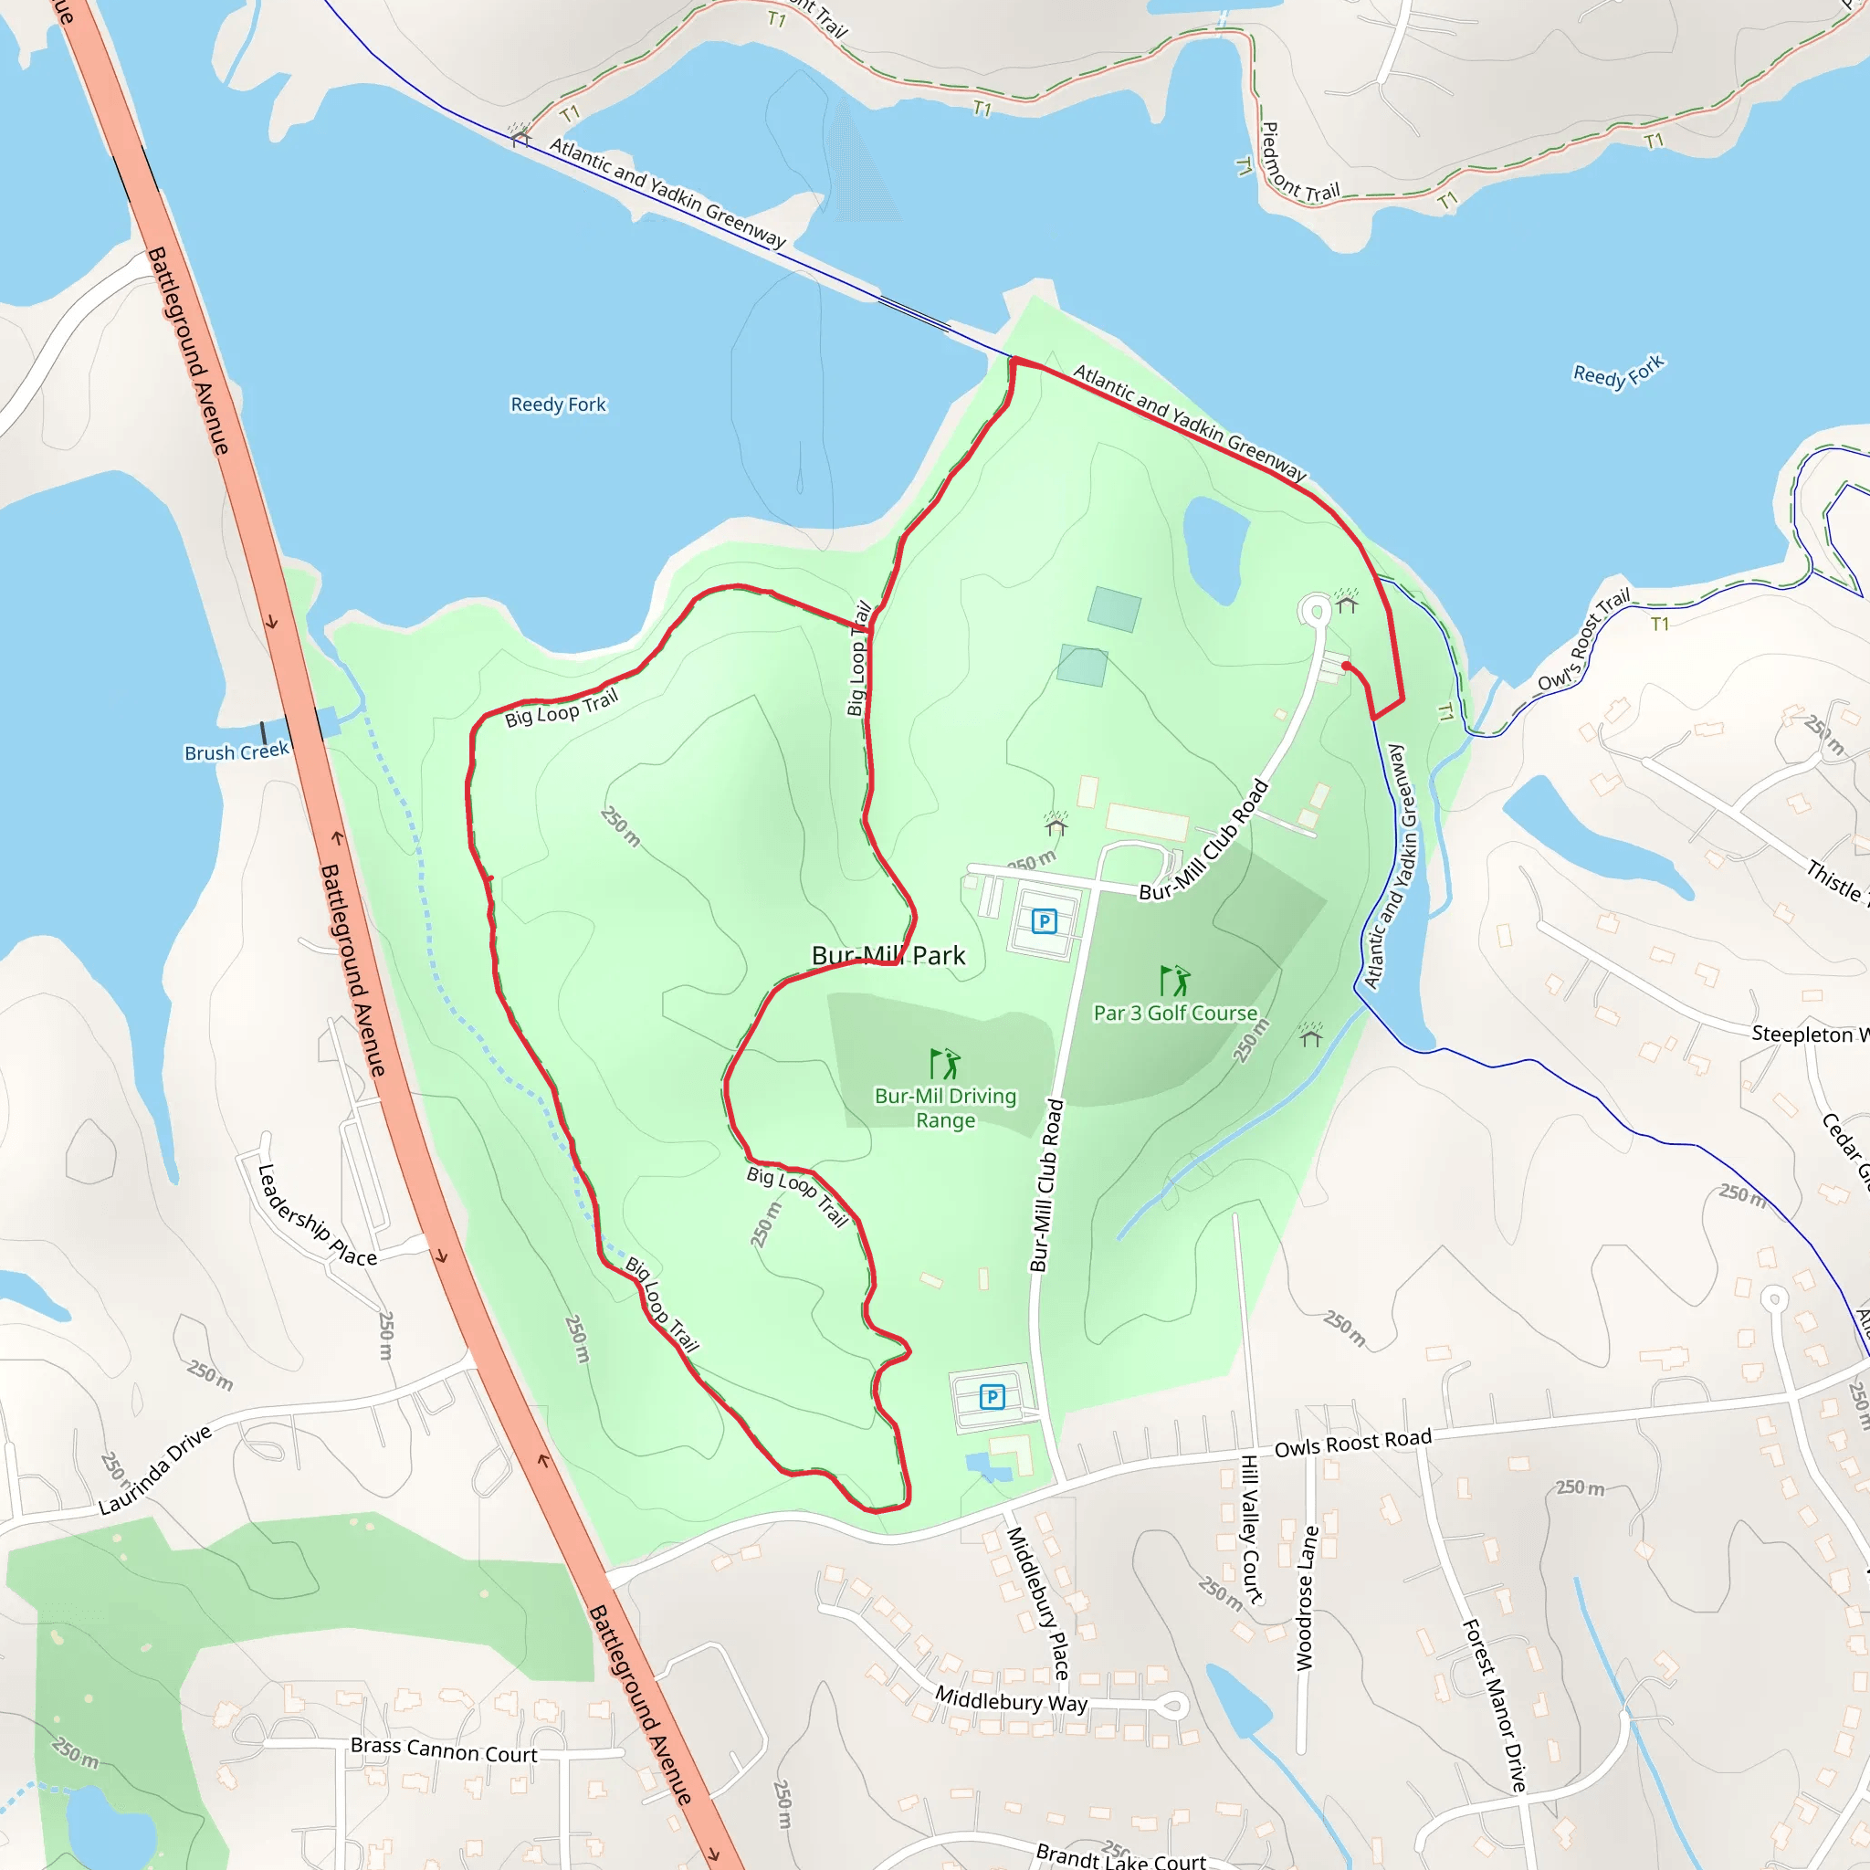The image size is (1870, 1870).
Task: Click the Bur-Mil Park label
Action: pos(888,955)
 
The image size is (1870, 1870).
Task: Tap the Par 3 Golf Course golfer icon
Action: pos(1174,980)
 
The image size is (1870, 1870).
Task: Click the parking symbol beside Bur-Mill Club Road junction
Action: pos(1044,920)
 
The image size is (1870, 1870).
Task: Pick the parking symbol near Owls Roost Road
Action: pos(993,1397)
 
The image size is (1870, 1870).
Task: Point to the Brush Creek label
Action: pos(236,752)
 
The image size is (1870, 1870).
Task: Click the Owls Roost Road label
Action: pos(1352,1444)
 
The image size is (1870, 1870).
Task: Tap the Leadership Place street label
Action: pos(316,1215)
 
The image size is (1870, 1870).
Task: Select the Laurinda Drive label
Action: pos(155,1470)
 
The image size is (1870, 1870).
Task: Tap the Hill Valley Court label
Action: pos(1251,1529)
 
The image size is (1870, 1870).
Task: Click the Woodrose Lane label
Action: pos(1307,1598)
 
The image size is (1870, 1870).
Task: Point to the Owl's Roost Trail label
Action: pos(1583,640)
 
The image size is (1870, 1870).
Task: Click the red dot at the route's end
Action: pos(1347,666)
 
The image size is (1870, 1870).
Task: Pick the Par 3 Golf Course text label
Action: pos(1175,1013)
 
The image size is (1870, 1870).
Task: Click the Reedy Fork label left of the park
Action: pos(559,404)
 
